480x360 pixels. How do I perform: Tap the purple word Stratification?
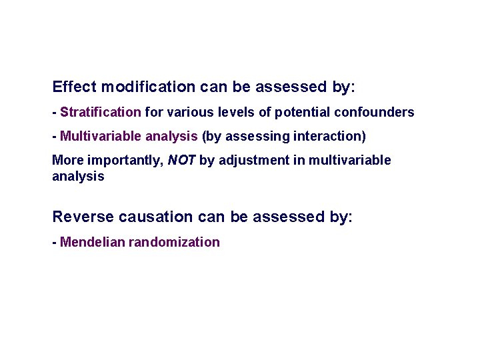click(101, 112)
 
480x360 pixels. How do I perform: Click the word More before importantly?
click(67, 160)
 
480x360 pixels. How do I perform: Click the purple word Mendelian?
click(92, 242)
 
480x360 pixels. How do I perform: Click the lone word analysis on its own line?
click(78, 176)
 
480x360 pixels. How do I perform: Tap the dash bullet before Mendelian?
click(54, 242)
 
